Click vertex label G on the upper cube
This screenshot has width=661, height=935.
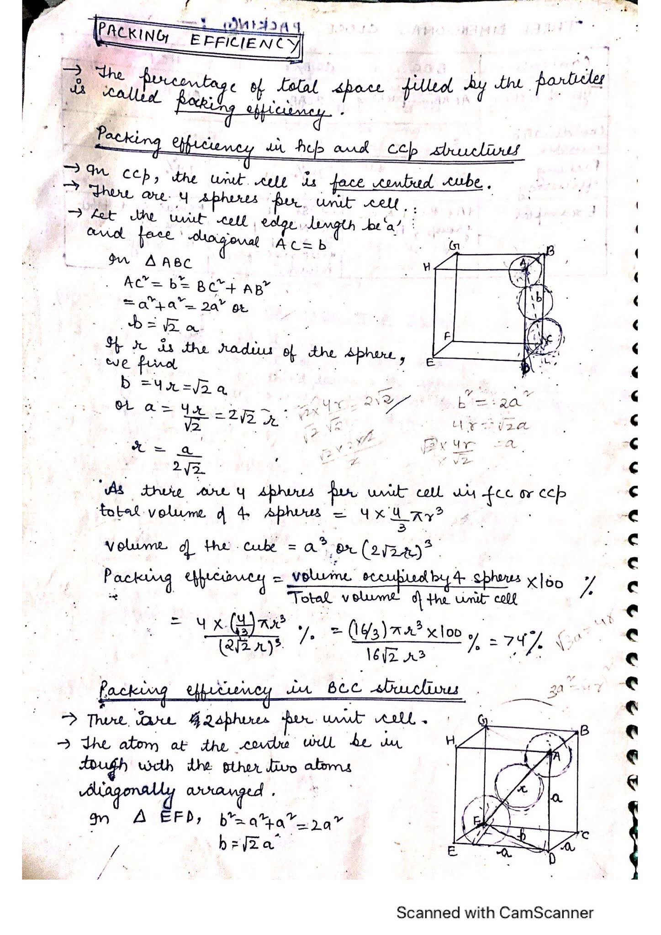click(454, 247)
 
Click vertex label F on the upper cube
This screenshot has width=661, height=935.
click(448, 336)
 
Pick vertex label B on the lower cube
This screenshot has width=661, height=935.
click(584, 731)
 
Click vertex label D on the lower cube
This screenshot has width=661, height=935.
click(551, 859)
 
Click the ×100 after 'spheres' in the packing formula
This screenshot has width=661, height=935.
click(545, 583)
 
